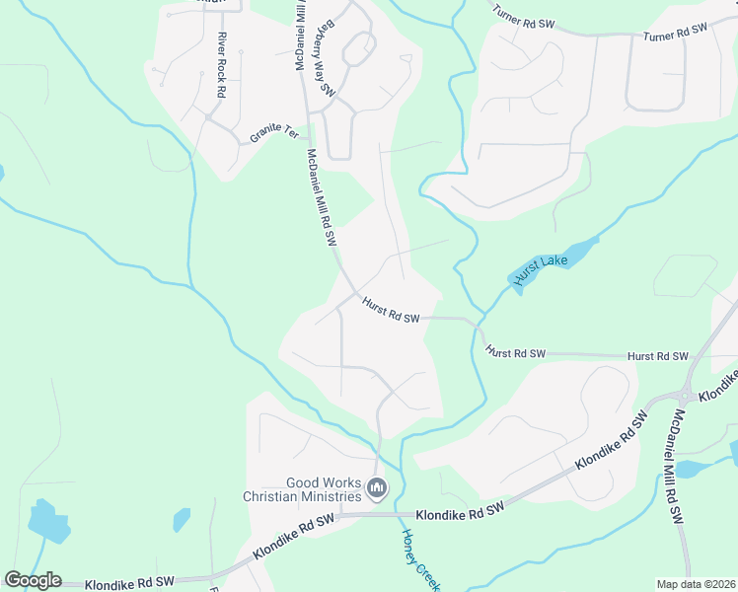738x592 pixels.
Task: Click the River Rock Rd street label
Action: coord(220,65)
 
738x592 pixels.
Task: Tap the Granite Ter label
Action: coord(274,132)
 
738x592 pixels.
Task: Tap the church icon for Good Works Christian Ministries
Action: coord(377,487)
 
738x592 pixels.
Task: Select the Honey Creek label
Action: coord(415,558)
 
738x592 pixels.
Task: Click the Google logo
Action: coord(33,580)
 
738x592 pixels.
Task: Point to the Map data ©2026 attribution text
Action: coord(695,584)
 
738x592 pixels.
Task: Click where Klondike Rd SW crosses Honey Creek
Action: coord(402,514)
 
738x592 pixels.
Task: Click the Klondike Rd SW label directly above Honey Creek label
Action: coord(460,510)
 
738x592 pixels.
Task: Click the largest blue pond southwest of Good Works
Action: coord(48,522)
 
